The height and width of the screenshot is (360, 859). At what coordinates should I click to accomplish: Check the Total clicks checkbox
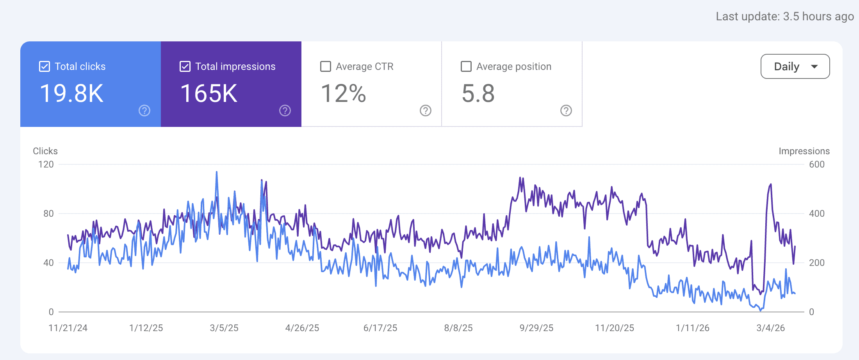pos(45,66)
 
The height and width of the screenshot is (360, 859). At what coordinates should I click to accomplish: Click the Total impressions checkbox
pos(185,66)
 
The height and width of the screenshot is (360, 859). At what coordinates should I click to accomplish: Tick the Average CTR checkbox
pos(326,66)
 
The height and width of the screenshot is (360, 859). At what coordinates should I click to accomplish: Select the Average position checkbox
pos(466,66)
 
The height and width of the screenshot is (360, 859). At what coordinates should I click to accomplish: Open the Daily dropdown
pos(795,66)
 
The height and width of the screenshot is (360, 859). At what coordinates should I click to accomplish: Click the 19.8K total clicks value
pos(72,94)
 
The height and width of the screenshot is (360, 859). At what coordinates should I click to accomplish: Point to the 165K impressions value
pos(209,94)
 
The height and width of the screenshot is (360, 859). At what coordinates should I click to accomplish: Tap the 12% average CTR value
pos(344,94)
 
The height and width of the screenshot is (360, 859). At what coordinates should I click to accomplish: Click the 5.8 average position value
pos(478,94)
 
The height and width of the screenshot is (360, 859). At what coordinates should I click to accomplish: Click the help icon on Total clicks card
pos(144,111)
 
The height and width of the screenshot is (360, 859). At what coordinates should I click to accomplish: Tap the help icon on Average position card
pos(566,111)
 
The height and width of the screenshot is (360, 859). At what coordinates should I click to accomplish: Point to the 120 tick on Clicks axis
pos(46,164)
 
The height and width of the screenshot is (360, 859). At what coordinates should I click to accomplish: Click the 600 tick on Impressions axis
pos(817,164)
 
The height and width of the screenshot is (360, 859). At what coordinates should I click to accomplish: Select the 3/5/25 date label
pos(224,328)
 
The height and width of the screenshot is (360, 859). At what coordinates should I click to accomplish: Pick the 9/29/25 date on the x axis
pos(536,328)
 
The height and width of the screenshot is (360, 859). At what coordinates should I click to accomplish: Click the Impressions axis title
pos(804,151)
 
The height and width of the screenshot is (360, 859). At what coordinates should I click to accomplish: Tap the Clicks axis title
pos(45,151)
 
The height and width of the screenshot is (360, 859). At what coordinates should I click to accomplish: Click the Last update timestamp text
pos(785,16)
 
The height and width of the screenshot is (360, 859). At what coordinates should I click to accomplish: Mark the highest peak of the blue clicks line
pos(217,172)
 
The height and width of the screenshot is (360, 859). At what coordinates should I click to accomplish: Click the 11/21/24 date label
pos(68,328)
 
